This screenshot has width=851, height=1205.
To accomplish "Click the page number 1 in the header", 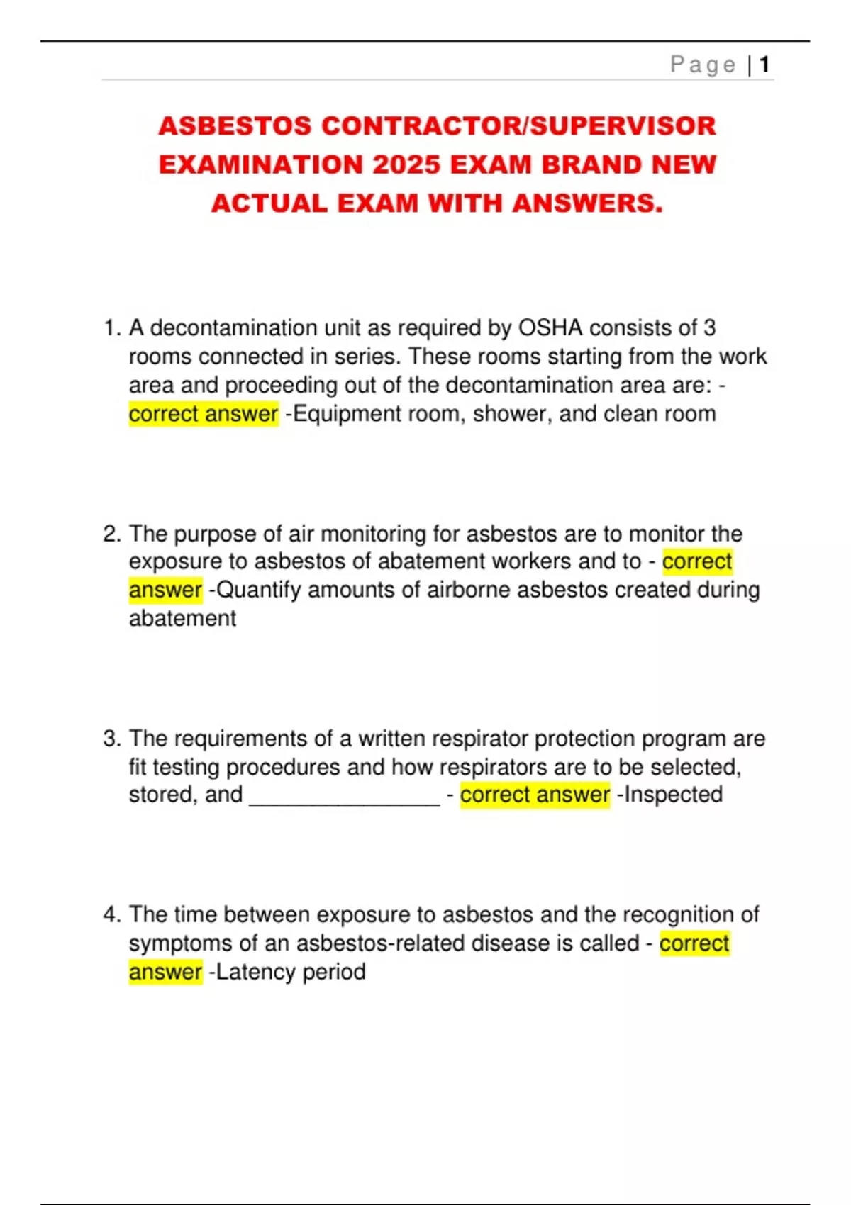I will click(764, 65).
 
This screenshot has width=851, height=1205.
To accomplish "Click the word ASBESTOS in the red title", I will click(235, 126).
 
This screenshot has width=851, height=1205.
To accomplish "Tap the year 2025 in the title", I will click(406, 164).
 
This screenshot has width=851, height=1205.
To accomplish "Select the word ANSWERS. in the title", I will click(587, 203).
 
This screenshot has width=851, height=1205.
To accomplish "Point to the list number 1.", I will click(111, 328).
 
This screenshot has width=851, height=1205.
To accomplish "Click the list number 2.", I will click(111, 534).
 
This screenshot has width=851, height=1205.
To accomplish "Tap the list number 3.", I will click(111, 739).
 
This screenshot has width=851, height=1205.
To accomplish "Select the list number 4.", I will click(111, 914).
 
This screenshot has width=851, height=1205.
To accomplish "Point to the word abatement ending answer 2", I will click(182, 619).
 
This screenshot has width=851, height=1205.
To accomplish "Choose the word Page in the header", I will click(703, 65).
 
